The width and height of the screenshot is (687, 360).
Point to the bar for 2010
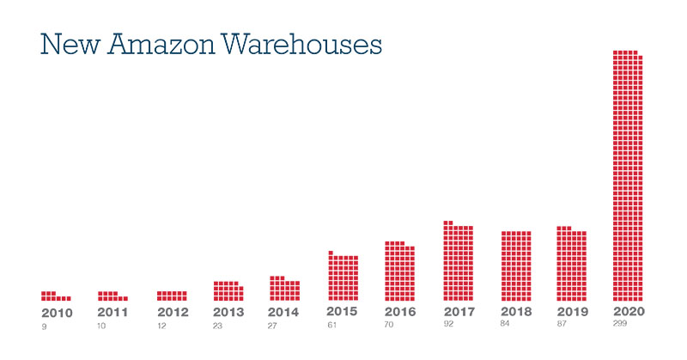click(x=55, y=296)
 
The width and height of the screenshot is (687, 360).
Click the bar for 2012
click(x=172, y=296)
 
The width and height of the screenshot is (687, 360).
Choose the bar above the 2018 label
click(x=516, y=265)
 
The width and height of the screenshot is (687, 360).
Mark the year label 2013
click(x=228, y=313)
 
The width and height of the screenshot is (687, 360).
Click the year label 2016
click(x=400, y=312)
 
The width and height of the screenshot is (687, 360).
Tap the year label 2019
click(x=573, y=311)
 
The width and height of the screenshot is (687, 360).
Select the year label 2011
click(x=112, y=313)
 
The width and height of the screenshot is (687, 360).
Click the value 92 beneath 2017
click(x=447, y=325)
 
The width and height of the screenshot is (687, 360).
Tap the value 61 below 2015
click(x=331, y=326)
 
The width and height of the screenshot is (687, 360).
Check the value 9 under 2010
click(x=43, y=327)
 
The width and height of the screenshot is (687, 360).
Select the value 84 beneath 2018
click(x=505, y=324)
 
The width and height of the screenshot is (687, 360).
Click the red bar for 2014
click(x=284, y=290)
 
